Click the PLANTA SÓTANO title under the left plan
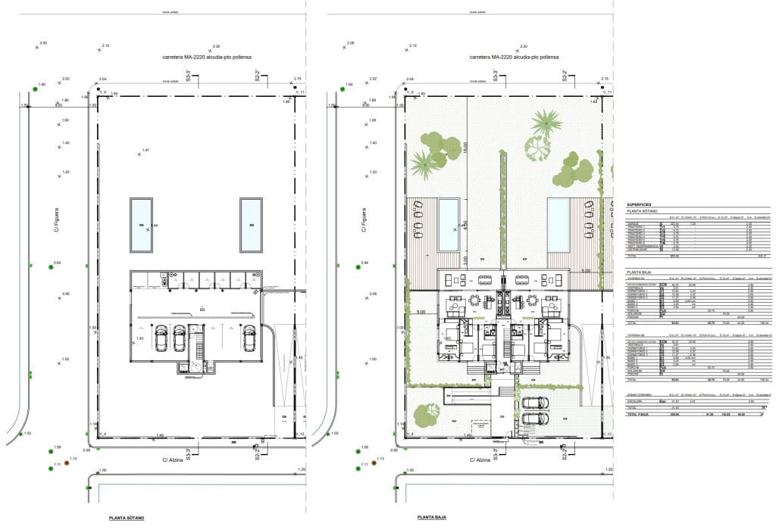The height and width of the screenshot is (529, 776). click(127, 518)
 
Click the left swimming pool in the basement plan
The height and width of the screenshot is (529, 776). click(141, 225)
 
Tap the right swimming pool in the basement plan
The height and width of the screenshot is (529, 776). click(251, 225)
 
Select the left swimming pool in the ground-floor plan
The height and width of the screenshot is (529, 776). click(449, 225)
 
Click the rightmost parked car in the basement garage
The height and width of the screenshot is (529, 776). click(249, 339)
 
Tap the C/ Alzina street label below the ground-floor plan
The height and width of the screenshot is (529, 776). click(482, 459)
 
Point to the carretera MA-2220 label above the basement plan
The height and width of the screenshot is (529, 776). click(206, 58)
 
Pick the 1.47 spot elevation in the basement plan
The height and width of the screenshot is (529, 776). click(144, 151)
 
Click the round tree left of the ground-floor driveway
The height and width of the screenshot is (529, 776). click(431, 411)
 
